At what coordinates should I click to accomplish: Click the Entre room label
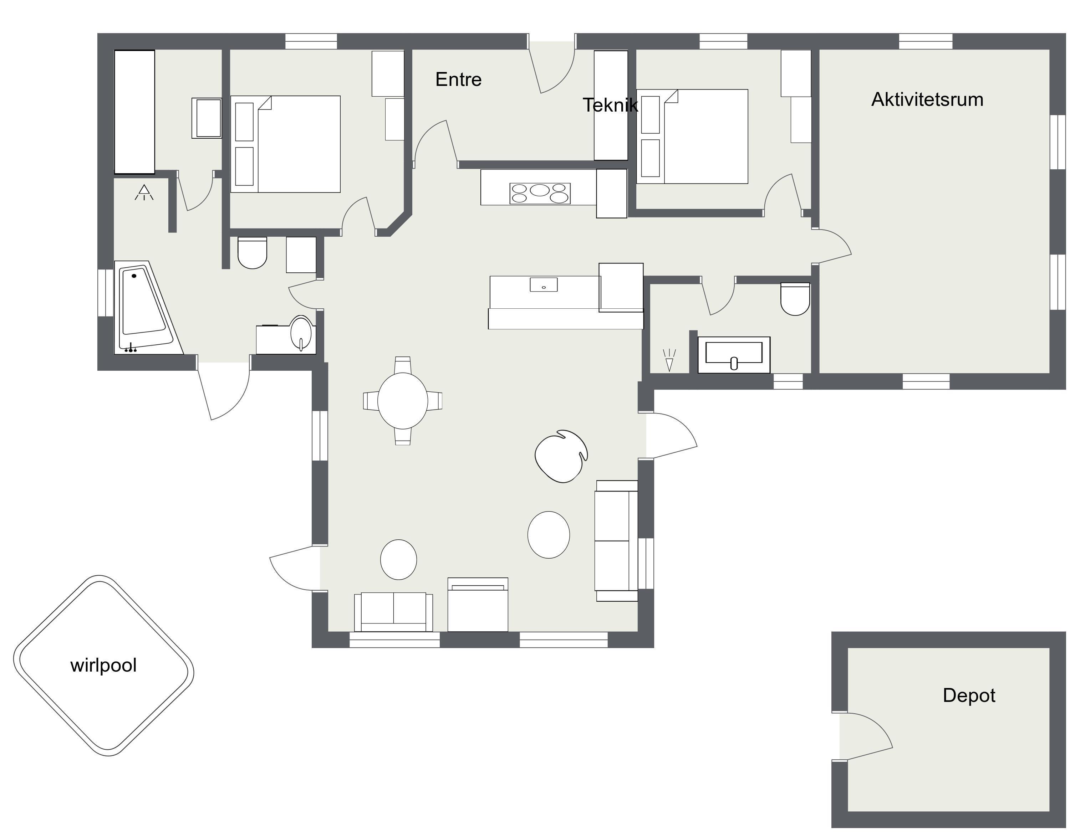pos(458,79)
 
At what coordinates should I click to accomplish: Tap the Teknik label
pos(610,105)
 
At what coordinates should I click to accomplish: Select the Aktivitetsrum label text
pos(927,99)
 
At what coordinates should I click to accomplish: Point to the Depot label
pos(969,695)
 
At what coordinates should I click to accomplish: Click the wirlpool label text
pos(103,666)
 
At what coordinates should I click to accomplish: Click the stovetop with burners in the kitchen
pos(539,193)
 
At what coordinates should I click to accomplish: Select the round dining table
pos(403,401)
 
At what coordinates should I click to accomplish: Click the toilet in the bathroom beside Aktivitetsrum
pos(795,299)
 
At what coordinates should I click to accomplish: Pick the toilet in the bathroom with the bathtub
pos(252,253)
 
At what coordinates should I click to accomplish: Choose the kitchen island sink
pos(543,284)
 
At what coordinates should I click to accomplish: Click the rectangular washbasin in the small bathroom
pos(733,354)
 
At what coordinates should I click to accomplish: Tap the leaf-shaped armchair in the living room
pos(561,456)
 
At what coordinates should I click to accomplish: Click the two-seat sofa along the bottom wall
pos(393,612)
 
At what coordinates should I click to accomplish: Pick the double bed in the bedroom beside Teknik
pos(692,136)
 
